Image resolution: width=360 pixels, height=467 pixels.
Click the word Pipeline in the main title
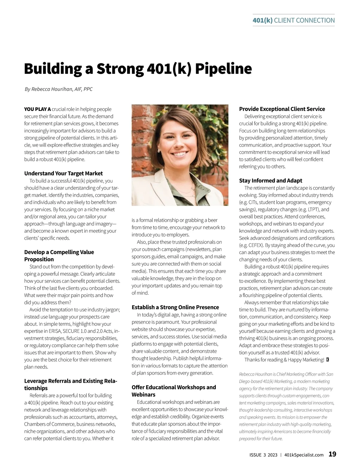[x=223, y=69]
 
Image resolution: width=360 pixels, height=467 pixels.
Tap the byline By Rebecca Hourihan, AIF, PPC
[x=58, y=89]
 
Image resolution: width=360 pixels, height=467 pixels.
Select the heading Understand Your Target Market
[x=63, y=174]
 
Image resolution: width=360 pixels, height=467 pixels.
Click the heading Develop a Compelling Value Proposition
[x=59, y=256]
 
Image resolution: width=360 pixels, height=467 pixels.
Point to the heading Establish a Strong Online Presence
[x=175, y=307]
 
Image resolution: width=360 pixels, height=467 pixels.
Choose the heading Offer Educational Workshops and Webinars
[x=174, y=391]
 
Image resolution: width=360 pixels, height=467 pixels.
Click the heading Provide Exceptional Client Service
[x=282, y=109]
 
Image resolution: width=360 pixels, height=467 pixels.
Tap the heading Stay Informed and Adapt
[x=270, y=180]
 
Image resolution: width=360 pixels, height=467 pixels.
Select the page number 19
[x=332, y=454]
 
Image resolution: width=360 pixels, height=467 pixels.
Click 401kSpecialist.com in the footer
[x=304, y=455]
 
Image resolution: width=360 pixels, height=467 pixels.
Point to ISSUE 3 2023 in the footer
[x=263, y=455]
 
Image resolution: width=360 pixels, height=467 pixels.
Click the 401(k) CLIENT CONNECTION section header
[x=293, y=20]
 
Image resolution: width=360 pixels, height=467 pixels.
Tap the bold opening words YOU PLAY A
[x=37, y=109]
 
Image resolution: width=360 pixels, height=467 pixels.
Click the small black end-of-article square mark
[x=327, y=360]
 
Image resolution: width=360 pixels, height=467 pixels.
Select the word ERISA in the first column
[x=55, y=331]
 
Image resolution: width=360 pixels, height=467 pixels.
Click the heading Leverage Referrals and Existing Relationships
[x=70, y=385]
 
